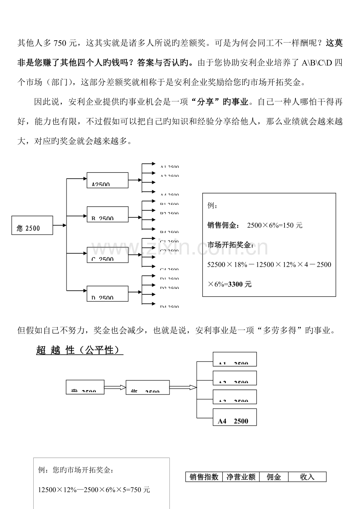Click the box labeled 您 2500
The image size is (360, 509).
32,225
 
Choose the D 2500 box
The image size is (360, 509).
107,293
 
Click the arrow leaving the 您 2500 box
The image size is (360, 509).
59,225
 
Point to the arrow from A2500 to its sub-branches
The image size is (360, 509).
135,180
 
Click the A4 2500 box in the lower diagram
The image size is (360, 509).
235,418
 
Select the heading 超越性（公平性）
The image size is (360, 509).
79,350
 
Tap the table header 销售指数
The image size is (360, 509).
204,477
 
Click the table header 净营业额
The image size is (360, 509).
241,477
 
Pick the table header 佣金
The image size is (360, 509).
274,477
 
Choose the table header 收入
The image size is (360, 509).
307,477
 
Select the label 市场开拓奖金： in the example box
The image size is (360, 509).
230,245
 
